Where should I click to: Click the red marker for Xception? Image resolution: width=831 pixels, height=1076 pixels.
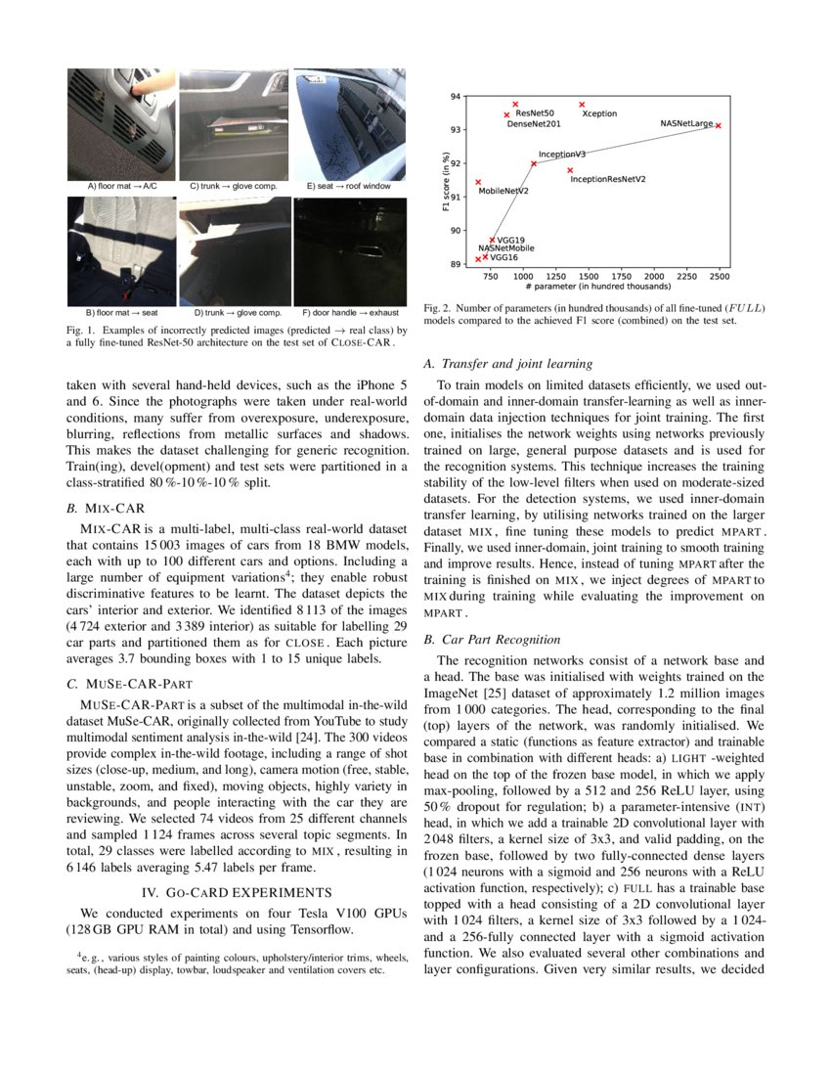click(582, 105)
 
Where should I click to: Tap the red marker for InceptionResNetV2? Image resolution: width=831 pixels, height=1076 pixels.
click(570, 170)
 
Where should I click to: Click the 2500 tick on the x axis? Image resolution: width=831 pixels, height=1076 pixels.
click(721, 277)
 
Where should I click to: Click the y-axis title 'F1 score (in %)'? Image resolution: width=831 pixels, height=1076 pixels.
click(445, 181)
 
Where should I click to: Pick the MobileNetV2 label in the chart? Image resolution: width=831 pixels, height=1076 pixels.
click(503, 191)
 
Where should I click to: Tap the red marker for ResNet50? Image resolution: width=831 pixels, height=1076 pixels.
click(515, 105)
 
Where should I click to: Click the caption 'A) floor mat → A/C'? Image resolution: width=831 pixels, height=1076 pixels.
click(121, 185)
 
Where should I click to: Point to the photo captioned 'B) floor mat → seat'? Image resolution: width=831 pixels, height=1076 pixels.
click(122, 251)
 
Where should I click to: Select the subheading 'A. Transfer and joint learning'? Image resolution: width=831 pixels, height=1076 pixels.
click(508, 364)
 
